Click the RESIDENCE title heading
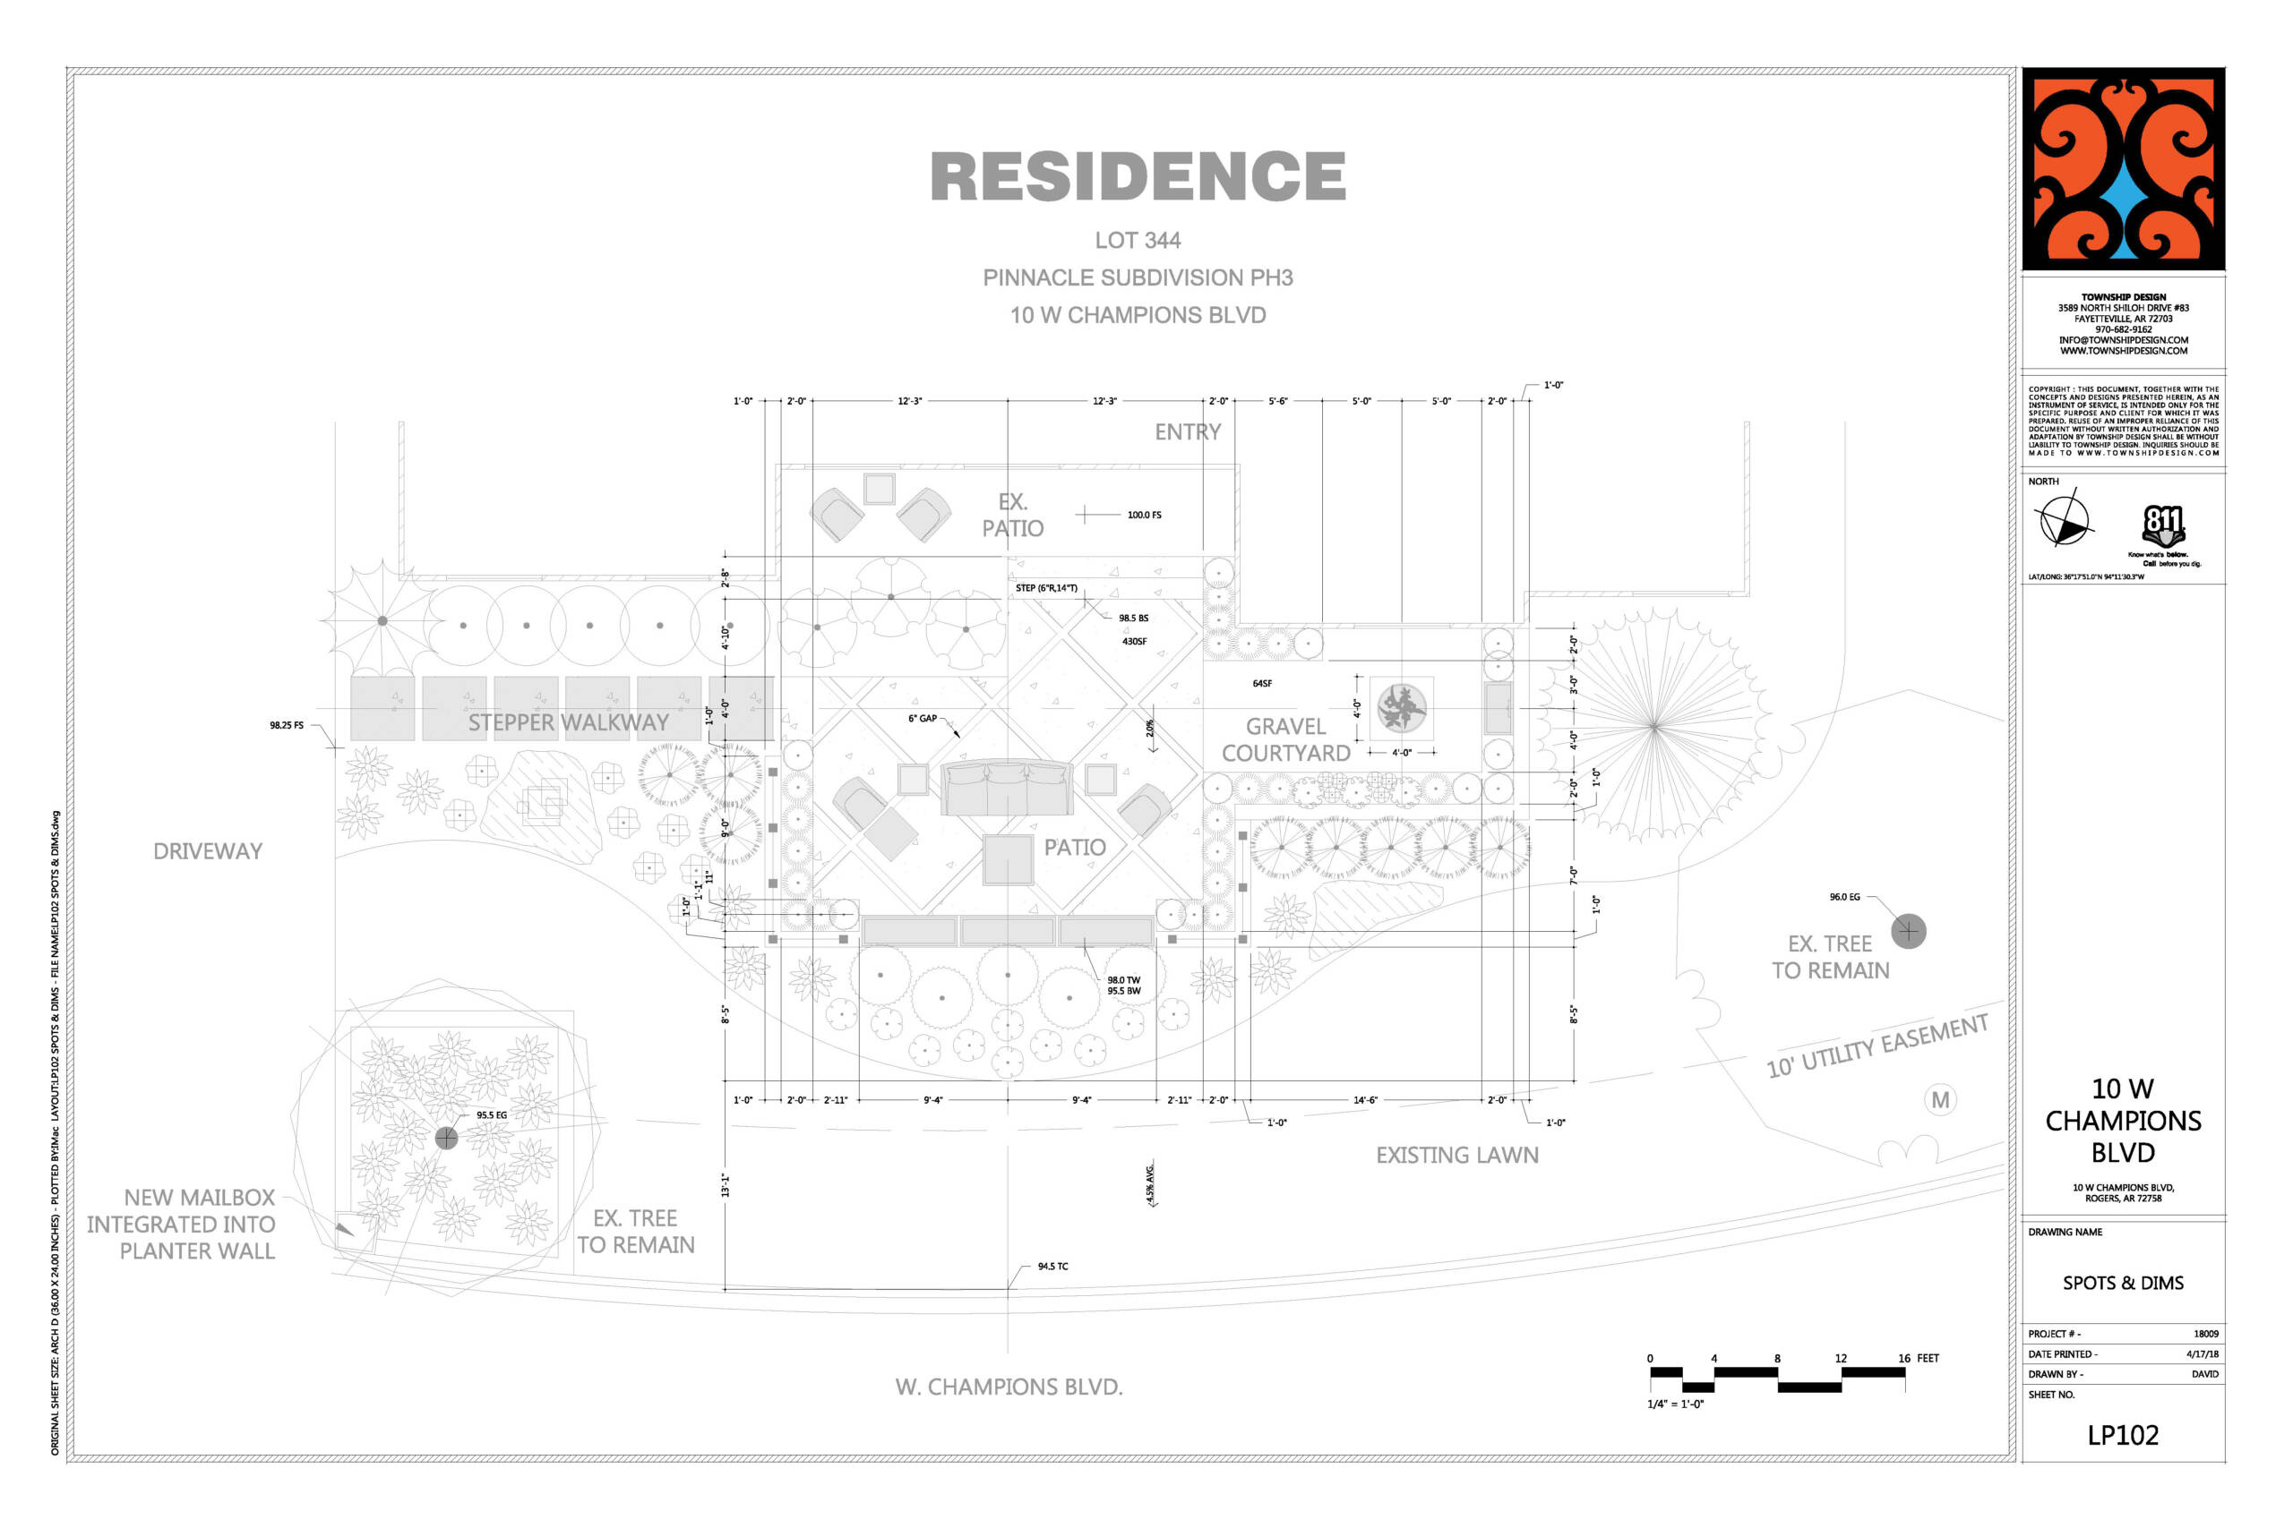coord(1138,176)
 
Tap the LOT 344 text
coord(1138,240)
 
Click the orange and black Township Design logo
coord(2123,168)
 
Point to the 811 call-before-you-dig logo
coord(2162,526)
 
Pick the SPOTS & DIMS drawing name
coord(2123,1283)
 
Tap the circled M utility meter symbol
coord(1940,1100)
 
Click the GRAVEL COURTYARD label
coord(1286,739)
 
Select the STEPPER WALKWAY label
coord(569,722)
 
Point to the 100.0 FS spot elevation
coord(1144,515)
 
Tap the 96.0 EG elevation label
coord(1843,897)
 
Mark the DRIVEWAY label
coord(208,850)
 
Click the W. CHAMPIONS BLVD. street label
coord(1009,1386)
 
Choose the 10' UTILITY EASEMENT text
coord(1876,1045)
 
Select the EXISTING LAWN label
coord(1456,1155)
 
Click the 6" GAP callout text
coord(923,718)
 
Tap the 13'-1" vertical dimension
coord(725,1185)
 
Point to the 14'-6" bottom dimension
coord(1365,1100)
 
